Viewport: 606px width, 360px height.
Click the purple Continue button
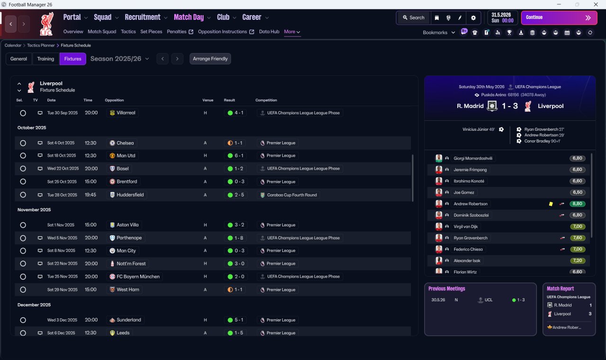point(559,18)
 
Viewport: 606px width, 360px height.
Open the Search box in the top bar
point(414,18)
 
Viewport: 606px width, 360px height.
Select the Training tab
point(45,59)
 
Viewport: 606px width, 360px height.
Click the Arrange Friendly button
point(210,59)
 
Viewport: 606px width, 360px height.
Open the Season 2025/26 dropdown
point(120,59)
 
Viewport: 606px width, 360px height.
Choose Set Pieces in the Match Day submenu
point(151,32)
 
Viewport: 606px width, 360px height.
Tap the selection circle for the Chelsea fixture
point(23,143)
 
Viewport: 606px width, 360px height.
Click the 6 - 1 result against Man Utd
point(236,156)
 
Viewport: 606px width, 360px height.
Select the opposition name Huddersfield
point(130,195)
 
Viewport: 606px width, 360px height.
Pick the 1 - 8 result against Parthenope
point(236,238)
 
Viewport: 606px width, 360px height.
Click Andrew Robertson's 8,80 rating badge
point(577,204)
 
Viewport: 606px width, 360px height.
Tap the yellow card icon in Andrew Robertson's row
point(551,204)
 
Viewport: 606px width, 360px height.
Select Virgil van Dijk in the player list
point(465,226)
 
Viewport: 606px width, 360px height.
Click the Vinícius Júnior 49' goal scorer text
point(479,129)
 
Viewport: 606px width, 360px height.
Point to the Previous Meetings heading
point(446,288)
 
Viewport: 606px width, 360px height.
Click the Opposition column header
point(114,100)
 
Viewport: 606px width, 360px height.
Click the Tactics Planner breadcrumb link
point(41,45)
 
